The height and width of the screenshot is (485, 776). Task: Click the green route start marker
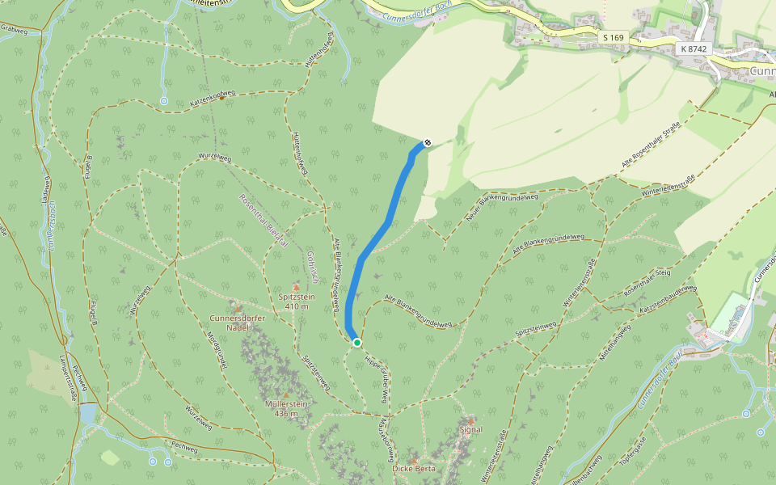[x=357, y=343]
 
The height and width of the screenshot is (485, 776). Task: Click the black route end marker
[x=428, y=143]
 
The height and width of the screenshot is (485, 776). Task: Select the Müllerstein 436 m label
[x=286, y=409]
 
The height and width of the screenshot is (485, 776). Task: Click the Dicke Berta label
[x=414, y=468]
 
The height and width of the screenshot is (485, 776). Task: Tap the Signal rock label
[x=470, y=429]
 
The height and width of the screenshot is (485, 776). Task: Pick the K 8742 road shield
[x=694, y=49]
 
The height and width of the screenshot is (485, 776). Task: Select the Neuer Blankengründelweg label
[x=502, y=209]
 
